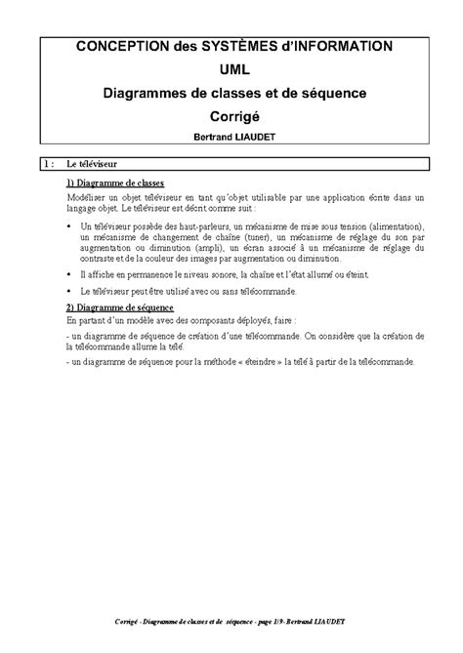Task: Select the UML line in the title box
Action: [231, 69]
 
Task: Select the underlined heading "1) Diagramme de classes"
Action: [114, 183]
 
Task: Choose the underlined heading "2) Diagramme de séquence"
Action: [119, 306]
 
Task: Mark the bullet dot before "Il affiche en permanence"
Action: [69, 277]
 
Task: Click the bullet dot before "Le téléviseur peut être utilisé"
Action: [69, 292]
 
